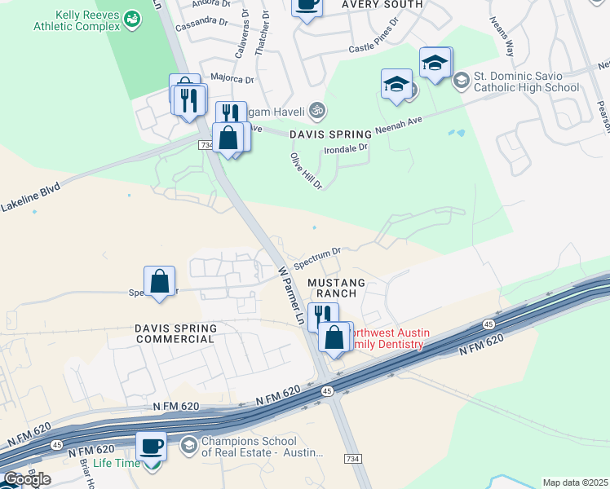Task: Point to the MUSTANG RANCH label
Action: click(337, 288)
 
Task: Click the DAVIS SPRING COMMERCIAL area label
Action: click(175, 333)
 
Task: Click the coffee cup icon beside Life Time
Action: click(151, 447)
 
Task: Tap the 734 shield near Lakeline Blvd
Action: click(206, 145)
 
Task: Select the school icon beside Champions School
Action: click(188, 445)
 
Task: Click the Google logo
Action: click(27, 479)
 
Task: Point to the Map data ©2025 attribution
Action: click(575, 482)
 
